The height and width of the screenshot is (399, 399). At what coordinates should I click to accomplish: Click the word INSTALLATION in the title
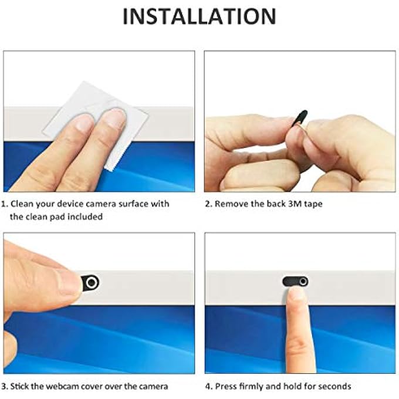[x=199, y=16]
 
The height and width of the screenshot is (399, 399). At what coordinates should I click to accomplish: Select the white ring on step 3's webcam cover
[x=90, y=283]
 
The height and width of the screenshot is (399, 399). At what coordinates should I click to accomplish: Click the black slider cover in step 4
[x=295, y=281]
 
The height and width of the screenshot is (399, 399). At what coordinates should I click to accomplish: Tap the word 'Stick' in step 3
[x=21, y=386]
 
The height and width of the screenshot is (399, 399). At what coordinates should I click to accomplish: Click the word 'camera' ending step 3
[x=153, y=386]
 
